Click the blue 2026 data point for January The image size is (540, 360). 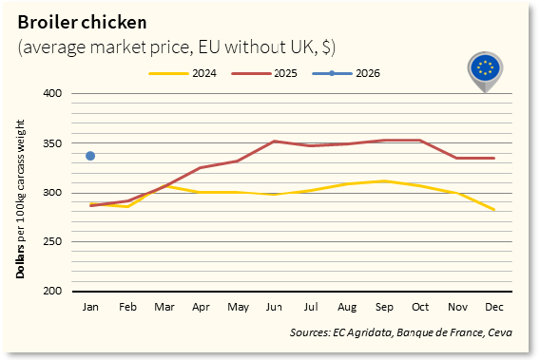[x=90, y=156]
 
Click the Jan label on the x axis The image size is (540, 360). [x=91, y=308]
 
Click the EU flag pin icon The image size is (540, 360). [x=487, y=69]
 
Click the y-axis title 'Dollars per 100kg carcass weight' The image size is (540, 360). [x=21, y=193]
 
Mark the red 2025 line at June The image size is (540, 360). [x=274, y=142]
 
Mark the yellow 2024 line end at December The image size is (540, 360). [x=493, y=209]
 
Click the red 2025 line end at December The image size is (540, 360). [x=493, y=158]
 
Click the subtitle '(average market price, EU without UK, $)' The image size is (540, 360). [x=176, y=47]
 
